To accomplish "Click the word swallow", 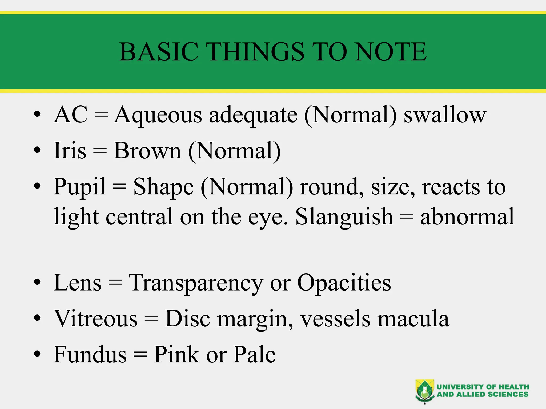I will pos(445,115).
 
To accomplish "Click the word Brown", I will pos(147,151).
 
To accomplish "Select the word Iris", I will pos(70,151).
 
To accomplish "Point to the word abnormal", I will pos(467,216).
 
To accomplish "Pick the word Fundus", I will pos(90,354).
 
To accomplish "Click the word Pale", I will pos(255,354).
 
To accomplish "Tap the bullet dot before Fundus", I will pos(37,354).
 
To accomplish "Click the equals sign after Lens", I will pos(115,283).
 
